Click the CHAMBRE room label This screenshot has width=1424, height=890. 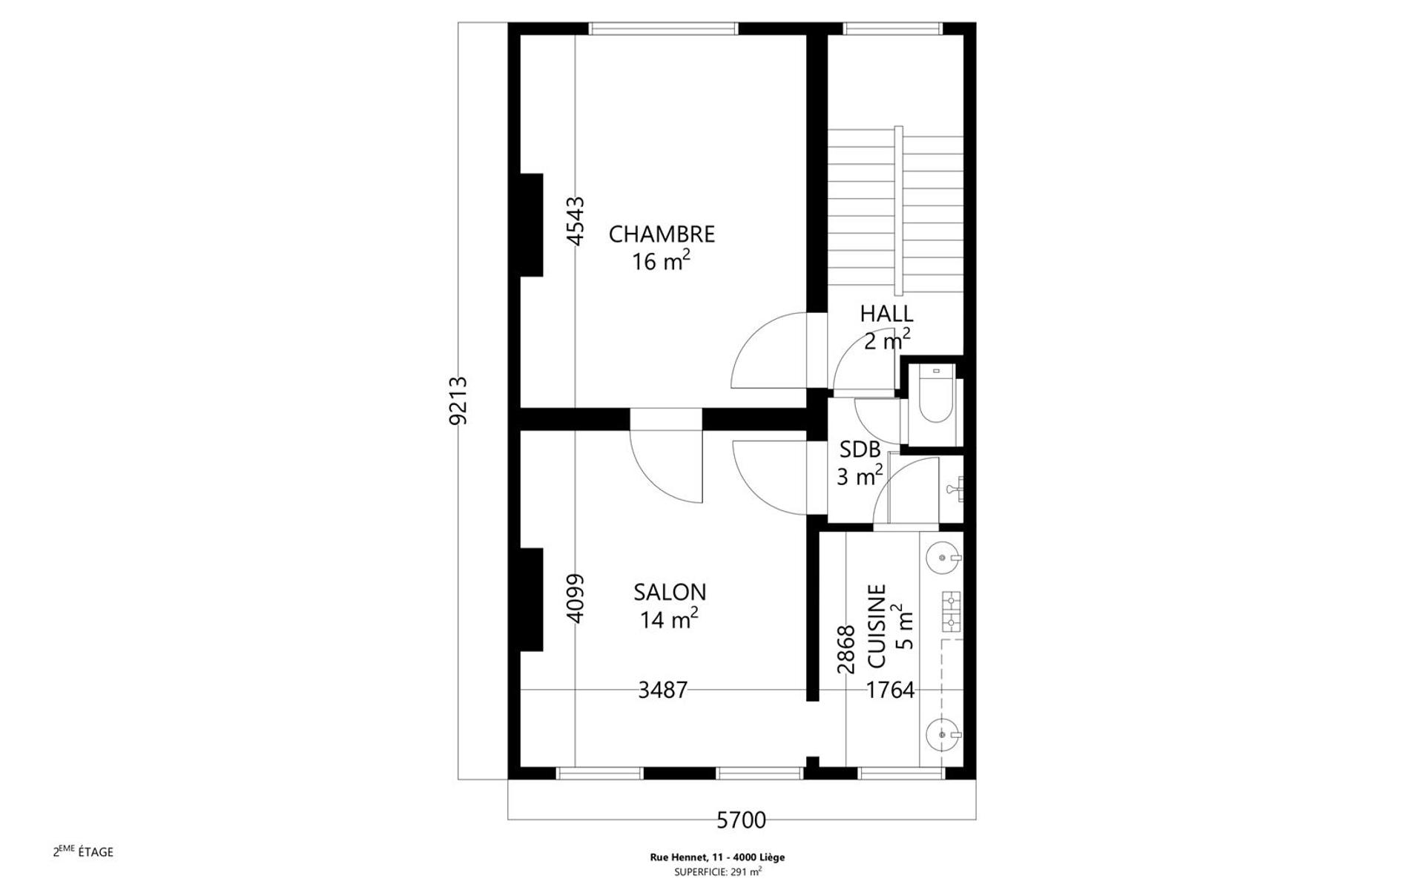[662, 234]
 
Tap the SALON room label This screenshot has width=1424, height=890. [670, 592]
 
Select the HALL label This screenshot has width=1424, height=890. [886, 314]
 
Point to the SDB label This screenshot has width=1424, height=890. [860, 449]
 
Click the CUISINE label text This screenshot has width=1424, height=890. [877, 626]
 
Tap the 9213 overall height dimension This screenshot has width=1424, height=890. [459, 400]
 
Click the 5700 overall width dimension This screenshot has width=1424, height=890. [741, 820]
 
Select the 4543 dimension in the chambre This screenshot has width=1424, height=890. [576, 220]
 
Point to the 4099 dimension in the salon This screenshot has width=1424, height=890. [576, 598]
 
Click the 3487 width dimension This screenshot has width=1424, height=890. [663, 690]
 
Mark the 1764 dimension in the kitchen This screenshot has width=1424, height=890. [890, 690]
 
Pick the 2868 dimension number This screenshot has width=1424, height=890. [846, 650]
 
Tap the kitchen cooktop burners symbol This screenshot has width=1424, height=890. [951, 610]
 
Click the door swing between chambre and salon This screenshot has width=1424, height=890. [666, 466]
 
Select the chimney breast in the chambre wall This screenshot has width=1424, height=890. [531, 225]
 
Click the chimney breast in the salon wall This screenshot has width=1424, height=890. [531, 599]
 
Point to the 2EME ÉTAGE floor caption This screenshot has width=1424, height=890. [83, 851]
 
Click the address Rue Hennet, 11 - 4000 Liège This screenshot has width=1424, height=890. [717, 857]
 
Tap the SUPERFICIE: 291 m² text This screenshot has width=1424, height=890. [717, 872]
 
